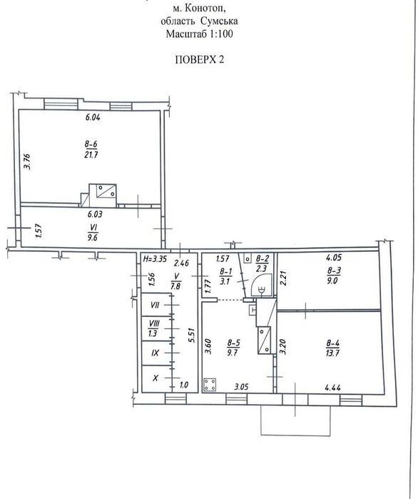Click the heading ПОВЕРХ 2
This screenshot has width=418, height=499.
point(200,59)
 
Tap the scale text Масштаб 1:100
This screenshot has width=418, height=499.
point(199,34)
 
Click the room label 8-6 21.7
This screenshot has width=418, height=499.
point(91,150)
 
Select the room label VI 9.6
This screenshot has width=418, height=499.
point(93,232)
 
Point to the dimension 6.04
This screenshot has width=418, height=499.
point(93,117)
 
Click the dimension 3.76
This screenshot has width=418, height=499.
point(28,161)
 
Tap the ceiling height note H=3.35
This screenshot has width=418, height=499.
point(155,258)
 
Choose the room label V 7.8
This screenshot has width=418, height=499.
point(175,281)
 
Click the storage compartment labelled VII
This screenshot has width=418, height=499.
point(155,305)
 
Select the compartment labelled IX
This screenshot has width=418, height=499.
point(155,353)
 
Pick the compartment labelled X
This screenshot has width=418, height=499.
point(155,378)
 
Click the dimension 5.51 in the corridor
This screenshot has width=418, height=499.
point(191,335)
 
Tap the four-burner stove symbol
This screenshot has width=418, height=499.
point(210,385)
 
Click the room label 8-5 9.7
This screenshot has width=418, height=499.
point(234,348)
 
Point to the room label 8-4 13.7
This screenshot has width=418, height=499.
point(333,348)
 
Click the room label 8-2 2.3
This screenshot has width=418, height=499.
point(262,263)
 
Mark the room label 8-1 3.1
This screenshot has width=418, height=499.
point(225,276)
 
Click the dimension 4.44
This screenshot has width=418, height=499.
point(333,388)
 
